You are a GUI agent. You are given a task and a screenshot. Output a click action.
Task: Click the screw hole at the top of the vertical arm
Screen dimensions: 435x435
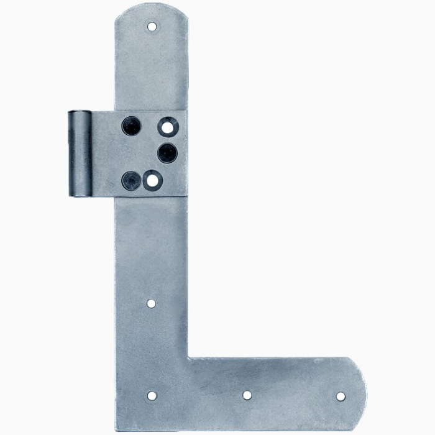(151, 26)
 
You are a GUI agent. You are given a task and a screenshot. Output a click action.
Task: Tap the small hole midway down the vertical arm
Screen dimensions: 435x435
(151, 303)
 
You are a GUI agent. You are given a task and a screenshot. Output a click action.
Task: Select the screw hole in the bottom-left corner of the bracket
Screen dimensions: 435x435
(152, 395)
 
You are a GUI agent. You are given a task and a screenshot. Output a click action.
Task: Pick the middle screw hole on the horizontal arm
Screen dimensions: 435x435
(247, 395)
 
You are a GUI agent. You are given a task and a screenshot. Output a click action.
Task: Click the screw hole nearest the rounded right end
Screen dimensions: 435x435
(341, 396)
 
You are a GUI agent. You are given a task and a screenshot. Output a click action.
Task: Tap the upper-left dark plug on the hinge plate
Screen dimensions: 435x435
(131, 126)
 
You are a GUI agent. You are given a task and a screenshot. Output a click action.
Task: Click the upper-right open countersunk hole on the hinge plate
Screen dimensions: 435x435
(167, 127)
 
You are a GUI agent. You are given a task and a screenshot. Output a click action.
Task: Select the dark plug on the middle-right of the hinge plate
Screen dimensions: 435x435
(167, 152)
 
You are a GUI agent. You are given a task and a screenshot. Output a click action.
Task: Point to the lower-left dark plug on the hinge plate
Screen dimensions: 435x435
(131, 180)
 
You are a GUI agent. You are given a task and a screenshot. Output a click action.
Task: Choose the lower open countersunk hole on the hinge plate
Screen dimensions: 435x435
(152, 181)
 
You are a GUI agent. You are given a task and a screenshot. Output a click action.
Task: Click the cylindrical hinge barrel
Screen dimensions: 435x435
(80, 153)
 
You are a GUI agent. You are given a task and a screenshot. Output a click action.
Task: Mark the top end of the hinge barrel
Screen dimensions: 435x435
(80, 112)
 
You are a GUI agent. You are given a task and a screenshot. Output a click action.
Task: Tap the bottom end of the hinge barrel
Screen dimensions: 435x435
(80, 195)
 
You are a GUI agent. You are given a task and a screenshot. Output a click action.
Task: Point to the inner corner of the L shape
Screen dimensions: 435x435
(189, 358)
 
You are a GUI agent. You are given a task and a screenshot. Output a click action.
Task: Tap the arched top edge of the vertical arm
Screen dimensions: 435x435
(151, 5)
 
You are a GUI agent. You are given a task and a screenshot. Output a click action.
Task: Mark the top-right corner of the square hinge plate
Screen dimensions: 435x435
(186, 111)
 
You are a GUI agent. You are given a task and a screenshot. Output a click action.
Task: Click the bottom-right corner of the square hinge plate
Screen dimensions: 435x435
(186, 196)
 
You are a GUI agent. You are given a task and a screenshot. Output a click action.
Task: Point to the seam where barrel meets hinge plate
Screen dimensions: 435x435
(92, 153)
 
